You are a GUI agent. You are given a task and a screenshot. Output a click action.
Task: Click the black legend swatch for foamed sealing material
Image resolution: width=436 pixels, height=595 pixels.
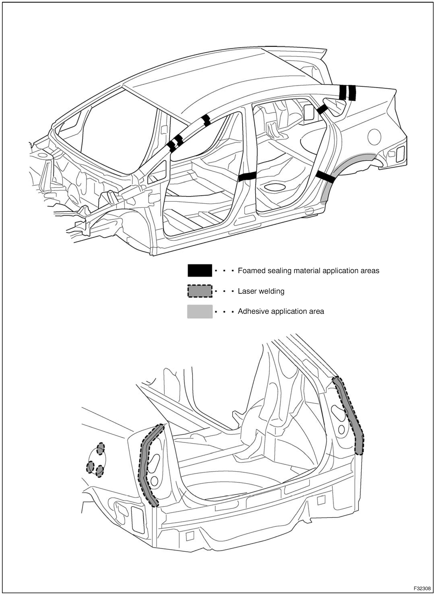200,271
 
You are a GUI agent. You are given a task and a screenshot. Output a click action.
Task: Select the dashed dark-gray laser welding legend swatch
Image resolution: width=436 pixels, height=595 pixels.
200,291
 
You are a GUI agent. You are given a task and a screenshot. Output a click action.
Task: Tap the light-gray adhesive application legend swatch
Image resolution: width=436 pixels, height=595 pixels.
200,311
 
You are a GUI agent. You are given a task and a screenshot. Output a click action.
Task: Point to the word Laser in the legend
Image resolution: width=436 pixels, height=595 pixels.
246,291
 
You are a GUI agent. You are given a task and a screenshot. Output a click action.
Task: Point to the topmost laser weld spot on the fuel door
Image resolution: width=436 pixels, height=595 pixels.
101,449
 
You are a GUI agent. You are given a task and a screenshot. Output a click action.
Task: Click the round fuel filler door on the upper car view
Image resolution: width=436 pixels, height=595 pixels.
374,137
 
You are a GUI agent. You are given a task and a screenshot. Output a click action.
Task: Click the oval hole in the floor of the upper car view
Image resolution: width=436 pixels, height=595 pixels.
275,187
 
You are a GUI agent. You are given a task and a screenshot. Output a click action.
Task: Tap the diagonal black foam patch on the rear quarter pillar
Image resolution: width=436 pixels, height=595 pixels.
322,109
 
